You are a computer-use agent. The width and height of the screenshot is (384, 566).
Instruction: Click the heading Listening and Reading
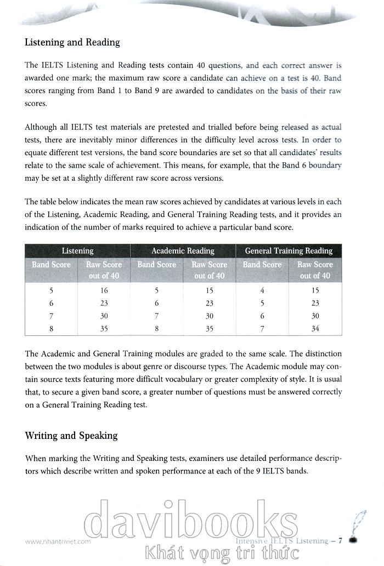coord(72,42)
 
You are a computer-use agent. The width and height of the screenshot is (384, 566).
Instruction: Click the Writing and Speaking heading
coord(71,436)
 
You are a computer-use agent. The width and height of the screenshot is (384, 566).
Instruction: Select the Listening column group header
coord(77,251)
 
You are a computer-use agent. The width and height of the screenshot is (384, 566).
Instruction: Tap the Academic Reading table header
coord(183,251)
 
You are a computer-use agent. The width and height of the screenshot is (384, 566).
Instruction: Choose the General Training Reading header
coord(289,251)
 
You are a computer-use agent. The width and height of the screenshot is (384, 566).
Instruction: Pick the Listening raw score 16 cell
coord(104,290)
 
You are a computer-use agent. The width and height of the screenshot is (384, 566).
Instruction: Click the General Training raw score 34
coord(315,329)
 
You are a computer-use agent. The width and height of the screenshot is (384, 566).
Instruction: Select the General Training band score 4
coord(262,290)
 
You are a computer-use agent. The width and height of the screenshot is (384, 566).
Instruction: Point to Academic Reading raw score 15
coord(210,290)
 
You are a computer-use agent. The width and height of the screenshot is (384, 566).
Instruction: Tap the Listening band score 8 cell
coord(51,329)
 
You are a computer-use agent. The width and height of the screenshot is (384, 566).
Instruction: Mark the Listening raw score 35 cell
coord(104,329)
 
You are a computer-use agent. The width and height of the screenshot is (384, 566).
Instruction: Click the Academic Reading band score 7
coord(156,316)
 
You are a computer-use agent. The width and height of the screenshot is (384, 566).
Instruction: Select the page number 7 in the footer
coord(340,541)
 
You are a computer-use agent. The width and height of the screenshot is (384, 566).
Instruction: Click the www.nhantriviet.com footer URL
coord(58,541)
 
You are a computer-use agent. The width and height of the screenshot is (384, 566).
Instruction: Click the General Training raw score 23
coord(315,303)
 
